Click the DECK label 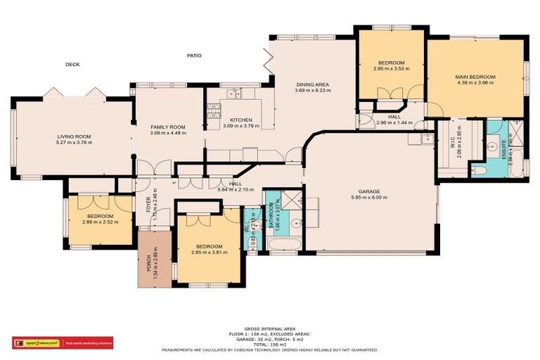coord(72,64)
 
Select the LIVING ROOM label coord(74,137)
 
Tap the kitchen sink coord(232,92)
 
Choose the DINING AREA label coord(311,85)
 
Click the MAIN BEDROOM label coord(475,77)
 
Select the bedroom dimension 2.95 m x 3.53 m coord(390,69)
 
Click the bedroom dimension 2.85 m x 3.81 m coord(210,252)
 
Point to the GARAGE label coord(369,191)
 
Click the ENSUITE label coord(505,148)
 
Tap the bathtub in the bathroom coord(284,244)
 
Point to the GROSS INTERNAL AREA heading coord(270,328)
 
